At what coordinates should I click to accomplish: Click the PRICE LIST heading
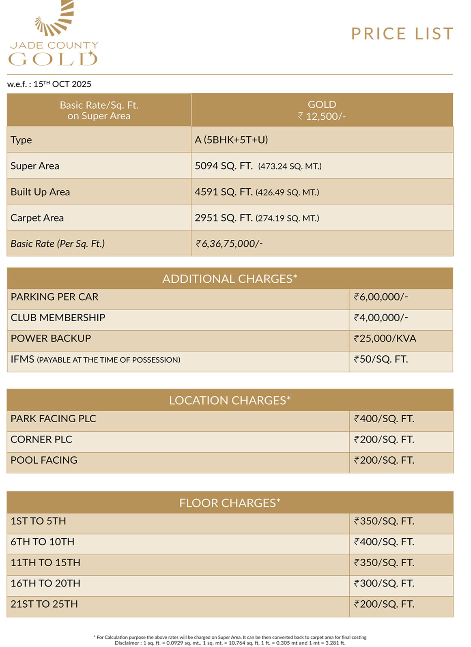[402, 34]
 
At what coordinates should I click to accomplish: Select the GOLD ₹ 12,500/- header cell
[322, 110]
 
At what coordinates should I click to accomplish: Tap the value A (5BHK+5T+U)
[231, 140]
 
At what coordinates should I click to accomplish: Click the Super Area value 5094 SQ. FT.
[224, 166]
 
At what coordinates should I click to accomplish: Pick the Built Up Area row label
[40, 192]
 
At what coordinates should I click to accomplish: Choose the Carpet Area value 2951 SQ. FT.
[224, 218]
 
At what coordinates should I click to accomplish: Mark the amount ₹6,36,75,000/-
[229, 244]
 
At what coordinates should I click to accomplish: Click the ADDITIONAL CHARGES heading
[230, 279]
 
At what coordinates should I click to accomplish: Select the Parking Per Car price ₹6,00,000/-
[381, 297]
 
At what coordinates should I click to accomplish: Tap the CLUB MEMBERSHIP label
[58, 318]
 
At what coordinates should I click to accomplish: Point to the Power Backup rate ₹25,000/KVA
[385, 338]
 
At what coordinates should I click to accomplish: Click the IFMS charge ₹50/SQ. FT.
[381, 359]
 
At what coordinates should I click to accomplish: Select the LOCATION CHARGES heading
[230, 400]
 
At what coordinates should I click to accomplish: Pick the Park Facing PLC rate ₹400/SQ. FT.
[384, 419]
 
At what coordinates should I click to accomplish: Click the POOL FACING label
[44, 460]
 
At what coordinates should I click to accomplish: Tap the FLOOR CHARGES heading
[230, 503]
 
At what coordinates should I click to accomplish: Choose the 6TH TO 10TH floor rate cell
[384, 542]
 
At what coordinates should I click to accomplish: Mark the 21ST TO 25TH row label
[44, 604]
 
